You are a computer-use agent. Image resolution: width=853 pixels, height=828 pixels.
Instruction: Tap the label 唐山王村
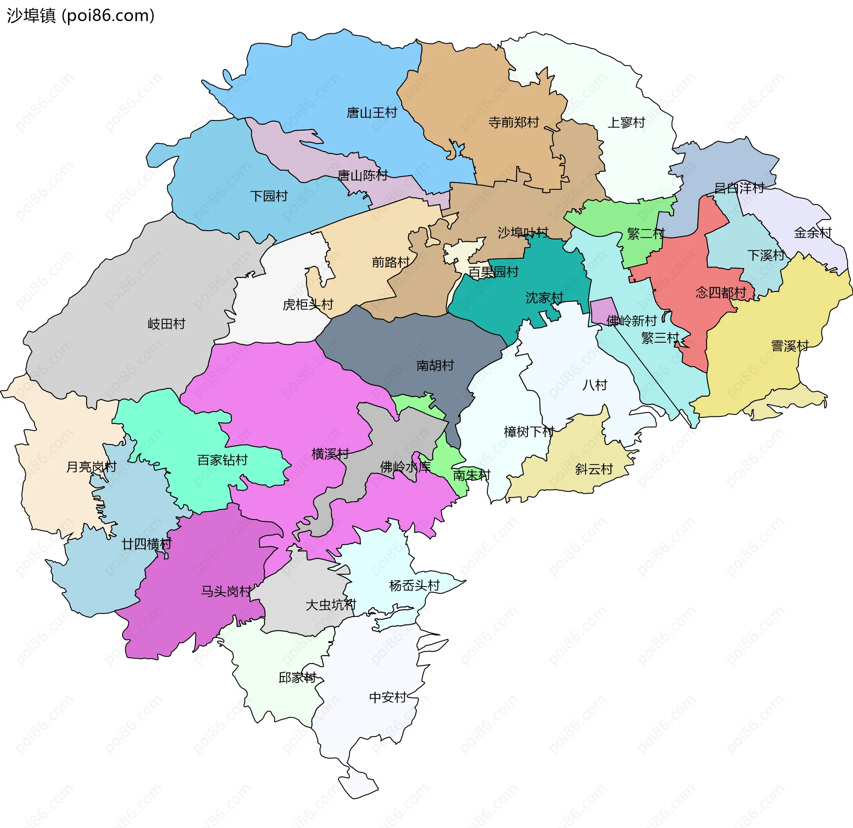(371, 113)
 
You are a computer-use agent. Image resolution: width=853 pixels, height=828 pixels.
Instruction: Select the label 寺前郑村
(514, 122)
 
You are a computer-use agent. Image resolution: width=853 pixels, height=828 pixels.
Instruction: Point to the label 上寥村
(626, 123)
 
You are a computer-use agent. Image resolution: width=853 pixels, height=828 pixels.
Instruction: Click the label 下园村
(269, 196)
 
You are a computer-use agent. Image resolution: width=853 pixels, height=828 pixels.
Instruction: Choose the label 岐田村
(166, 324)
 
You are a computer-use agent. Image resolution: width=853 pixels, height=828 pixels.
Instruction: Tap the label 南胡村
(435, 366)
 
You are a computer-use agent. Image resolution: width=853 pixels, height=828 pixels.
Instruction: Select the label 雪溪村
(789, 346)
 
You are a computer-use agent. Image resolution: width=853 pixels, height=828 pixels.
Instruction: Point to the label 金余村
(813, 233)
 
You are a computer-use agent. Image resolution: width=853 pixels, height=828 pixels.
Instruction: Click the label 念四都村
(721, 293)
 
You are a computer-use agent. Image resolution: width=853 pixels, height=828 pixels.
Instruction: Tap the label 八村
(594, 385)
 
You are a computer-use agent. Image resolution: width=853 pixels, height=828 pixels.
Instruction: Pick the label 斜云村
(594, 469)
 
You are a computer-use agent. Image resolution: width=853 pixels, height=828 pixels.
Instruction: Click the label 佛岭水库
(405, 467)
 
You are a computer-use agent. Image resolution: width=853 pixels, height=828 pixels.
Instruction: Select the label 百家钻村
(222, 460)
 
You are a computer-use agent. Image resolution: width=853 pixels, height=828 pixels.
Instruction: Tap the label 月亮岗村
(91, 467)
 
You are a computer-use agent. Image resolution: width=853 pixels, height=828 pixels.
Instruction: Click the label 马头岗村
(226, 592)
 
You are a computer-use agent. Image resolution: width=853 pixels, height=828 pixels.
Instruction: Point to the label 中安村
(388, 697)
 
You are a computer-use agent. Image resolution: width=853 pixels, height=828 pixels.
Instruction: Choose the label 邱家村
(297, 678)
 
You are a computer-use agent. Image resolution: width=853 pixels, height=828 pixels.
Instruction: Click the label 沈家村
(544, 298)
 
